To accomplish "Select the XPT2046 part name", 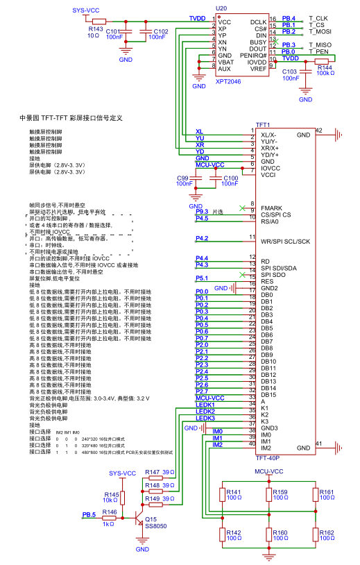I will pyautogui.click(x=229, y=81).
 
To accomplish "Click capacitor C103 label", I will pyautogui.click(x=290, y=71).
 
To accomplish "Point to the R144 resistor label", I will pyautogui.click(x=325, y=67).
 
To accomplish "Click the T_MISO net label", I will pyautogui.click(x=320, y=45).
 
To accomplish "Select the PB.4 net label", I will pyautogui.click(x=289, y=17).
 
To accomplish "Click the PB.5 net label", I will pyautogui.click(x=89, y=514).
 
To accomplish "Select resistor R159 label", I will pyautogui.click(x=280, y=491).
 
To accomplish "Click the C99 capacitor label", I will pyautogui.click(x=184, y=178).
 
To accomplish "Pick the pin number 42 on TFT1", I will pyautogui.click(x=318, y=130).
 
